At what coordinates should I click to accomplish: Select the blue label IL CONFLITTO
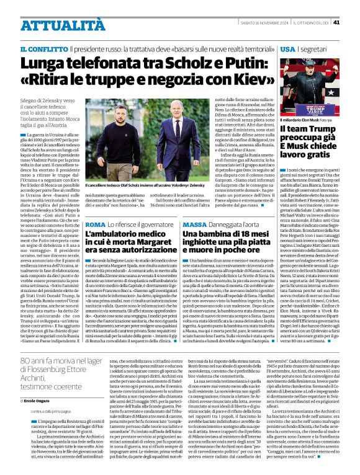click(x=43, y=48)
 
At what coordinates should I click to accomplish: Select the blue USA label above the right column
click(x=287, y=48)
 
